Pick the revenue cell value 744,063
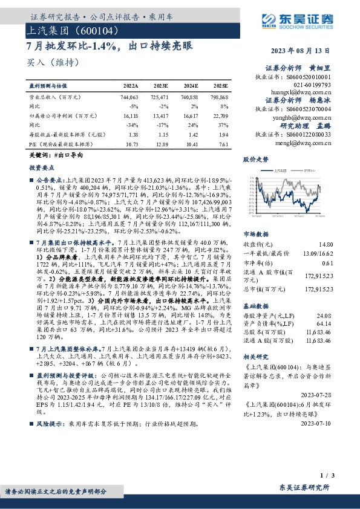[129, 97]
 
